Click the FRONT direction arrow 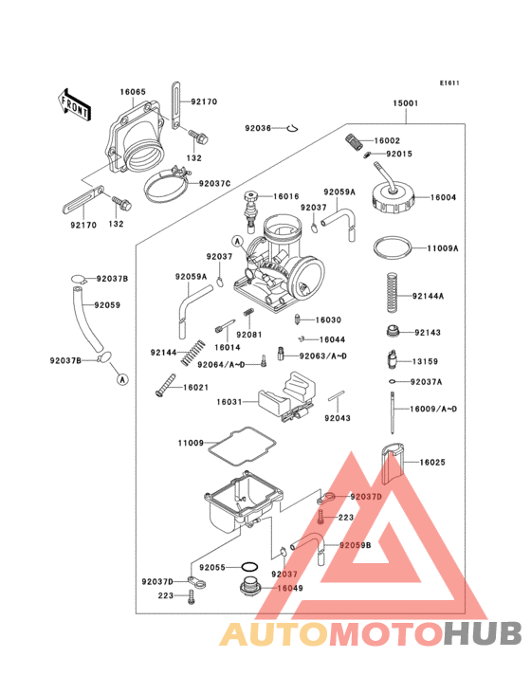(75, 102)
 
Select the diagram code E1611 (449, 82)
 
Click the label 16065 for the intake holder (133, 92)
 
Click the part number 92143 (428, 333)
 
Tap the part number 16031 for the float (229, 402)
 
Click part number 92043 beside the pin (339, 417)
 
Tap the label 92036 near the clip (258, 128)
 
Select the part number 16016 (286, 196)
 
